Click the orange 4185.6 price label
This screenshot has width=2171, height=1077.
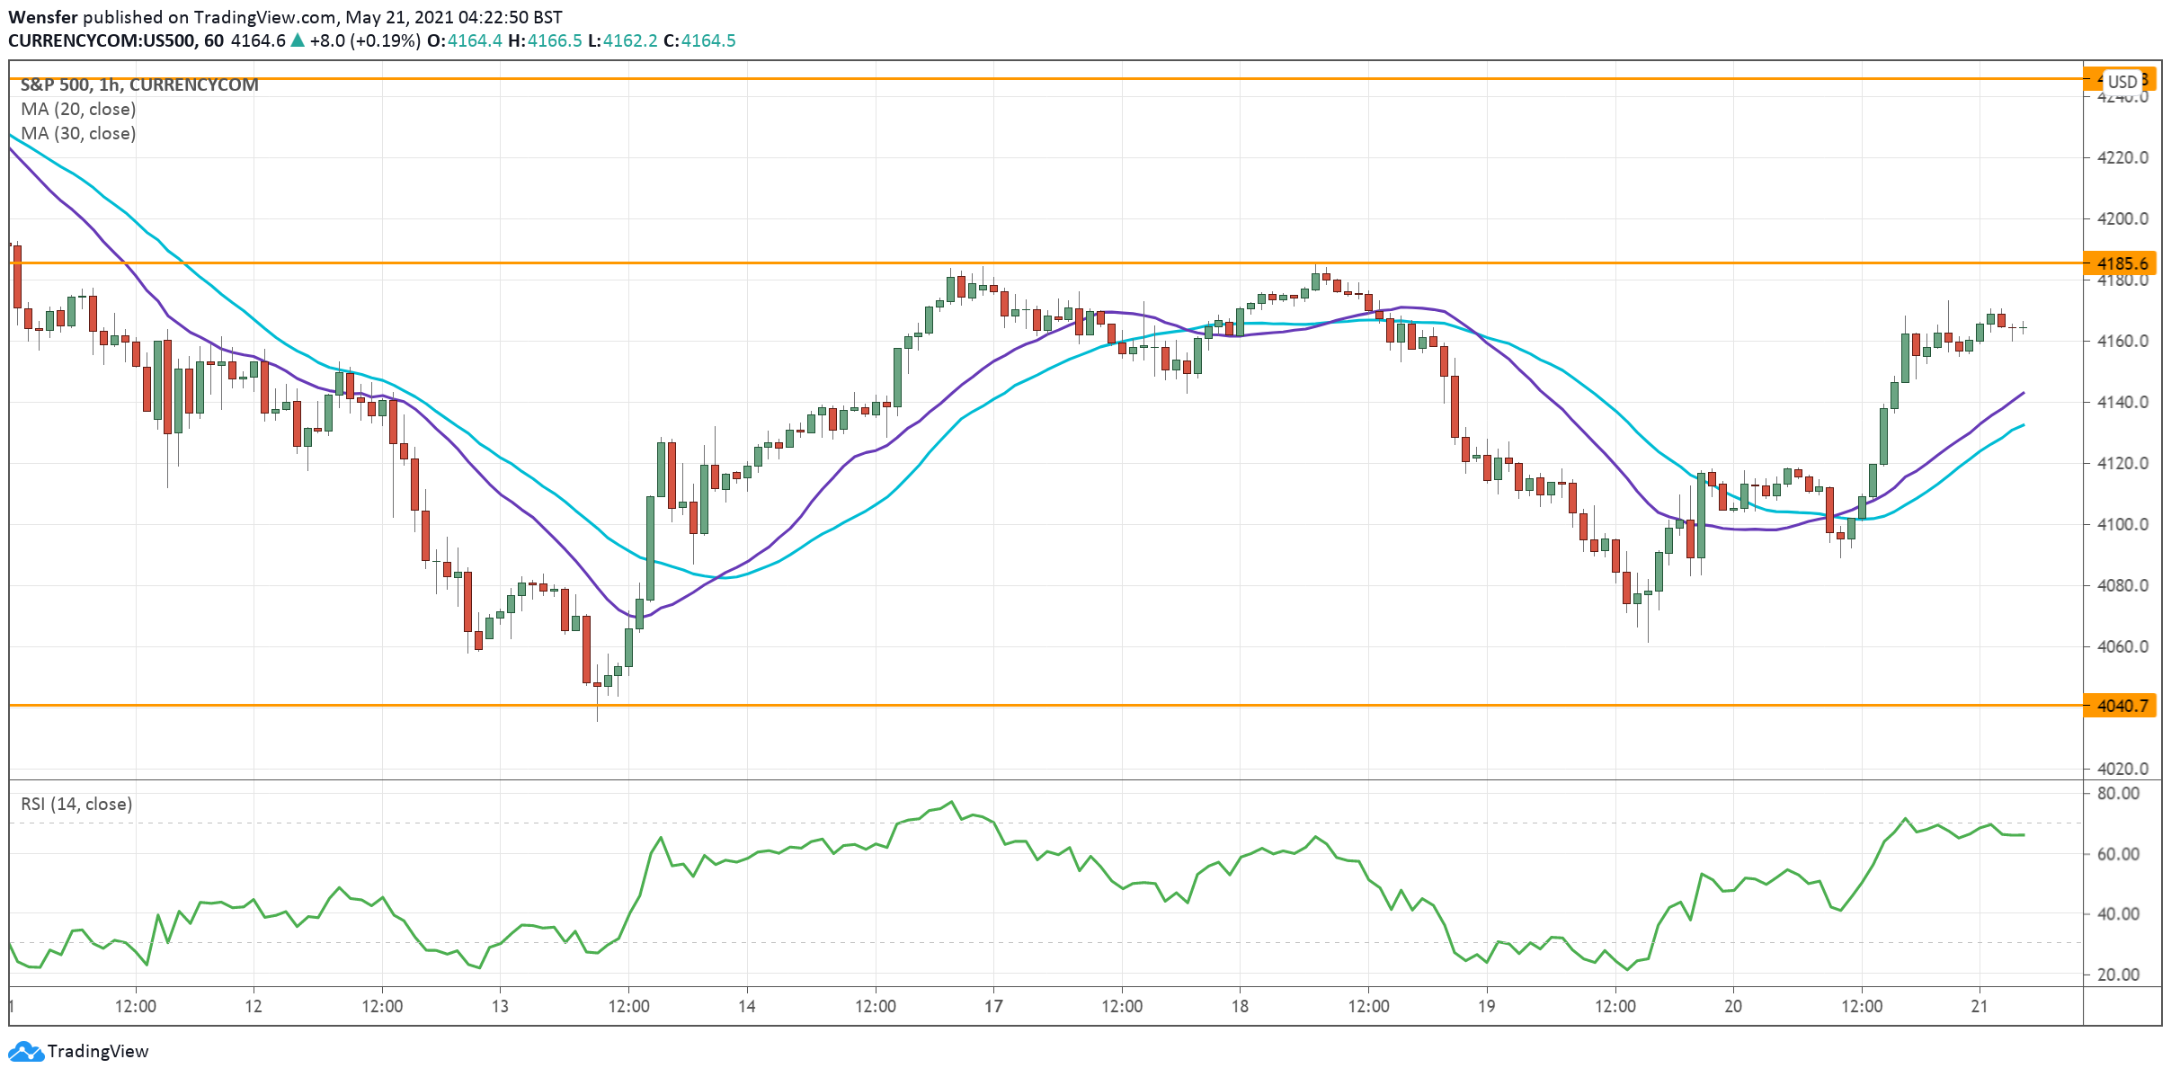2122,263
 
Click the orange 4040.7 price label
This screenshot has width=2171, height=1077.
2122,706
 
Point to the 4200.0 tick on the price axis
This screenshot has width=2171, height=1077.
2122,218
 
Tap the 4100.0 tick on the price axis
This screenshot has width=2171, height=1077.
2122,524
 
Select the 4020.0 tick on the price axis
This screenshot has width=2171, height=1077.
2122,769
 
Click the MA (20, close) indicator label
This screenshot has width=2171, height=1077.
78,109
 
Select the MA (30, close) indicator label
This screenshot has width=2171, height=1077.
78,133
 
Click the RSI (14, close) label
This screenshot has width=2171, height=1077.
76,804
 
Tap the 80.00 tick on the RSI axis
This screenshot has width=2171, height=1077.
2118,793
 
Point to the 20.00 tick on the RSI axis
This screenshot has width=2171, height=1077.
2118,975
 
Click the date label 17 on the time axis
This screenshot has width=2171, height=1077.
993,1006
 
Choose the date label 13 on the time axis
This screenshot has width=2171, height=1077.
500,1006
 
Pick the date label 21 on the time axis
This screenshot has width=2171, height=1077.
1980,1006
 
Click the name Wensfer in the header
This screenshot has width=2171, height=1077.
43,17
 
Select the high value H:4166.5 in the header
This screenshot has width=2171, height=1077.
545,40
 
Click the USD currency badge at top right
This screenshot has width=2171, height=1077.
2122,82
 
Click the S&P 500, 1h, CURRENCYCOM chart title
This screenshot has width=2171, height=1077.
139,85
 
